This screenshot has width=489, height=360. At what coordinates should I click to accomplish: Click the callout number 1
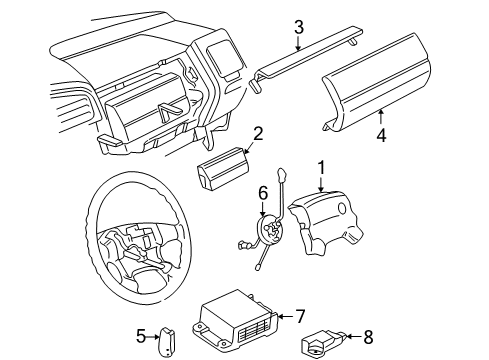click(x=321, y=168)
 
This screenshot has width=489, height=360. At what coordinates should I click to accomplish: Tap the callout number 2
click(x=258, y=133)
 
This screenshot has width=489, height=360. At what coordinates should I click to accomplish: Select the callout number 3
click(x=299, y=27)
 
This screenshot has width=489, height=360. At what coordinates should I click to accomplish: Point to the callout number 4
click(x=381, y=136)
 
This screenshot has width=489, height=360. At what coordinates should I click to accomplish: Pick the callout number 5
click(x=141, y=336)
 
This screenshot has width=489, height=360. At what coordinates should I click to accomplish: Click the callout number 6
click(x=263, y=193)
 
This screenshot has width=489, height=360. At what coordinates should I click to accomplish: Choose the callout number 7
click(x=300, y=316)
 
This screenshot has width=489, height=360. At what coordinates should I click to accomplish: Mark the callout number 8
click(x=368, y=337)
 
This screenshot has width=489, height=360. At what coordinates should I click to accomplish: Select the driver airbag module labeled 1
click(x=325, y=222)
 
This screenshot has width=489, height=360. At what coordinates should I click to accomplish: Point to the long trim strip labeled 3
click(x=306, y=57)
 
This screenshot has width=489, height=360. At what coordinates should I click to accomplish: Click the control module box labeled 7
click(x=236, y=321)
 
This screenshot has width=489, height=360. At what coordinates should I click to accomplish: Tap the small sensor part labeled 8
click(x=323, y=343)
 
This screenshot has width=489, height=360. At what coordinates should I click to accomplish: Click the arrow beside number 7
click(x=285, y=316)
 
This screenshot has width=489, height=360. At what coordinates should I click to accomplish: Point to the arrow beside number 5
click(x=155, y=337)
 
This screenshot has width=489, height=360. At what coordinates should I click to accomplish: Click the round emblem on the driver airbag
click(x=342, y=208)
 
